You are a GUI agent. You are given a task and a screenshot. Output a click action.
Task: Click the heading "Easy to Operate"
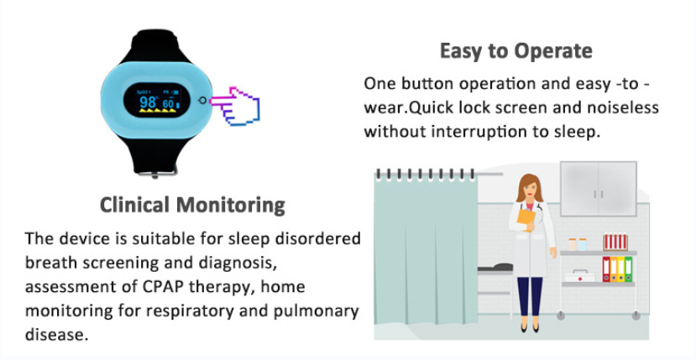[x=515, y=52]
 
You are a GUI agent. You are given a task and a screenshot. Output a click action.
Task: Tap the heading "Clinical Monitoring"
[x=192, y=206]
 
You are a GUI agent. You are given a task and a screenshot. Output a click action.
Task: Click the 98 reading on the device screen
[x=148, y=102]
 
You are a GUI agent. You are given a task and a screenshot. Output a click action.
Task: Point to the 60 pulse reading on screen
[x=168, y=104]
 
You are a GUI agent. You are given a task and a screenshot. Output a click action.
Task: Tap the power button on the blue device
[x=202, y=101]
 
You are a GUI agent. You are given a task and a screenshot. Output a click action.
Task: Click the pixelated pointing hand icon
[x=234, y=106]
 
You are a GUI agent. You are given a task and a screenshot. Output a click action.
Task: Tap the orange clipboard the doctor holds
[x=526, y=219]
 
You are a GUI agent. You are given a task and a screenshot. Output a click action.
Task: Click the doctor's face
[x=529, y=189]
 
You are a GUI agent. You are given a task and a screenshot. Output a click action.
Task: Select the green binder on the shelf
[x=629, y=269]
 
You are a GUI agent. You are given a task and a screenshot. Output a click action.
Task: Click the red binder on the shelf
[x=606, y=269]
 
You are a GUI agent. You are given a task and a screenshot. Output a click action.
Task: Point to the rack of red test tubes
[x=615, y=242]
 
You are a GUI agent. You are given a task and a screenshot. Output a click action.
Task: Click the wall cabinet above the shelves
[x=599, y=189]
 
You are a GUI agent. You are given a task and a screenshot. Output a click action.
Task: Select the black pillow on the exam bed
[x=501, y=267]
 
